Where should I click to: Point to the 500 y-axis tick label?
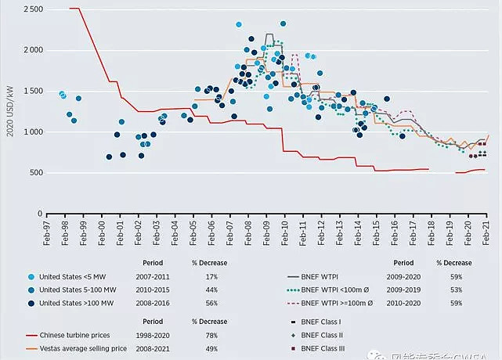pyautogui.click(x=35, y=172)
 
